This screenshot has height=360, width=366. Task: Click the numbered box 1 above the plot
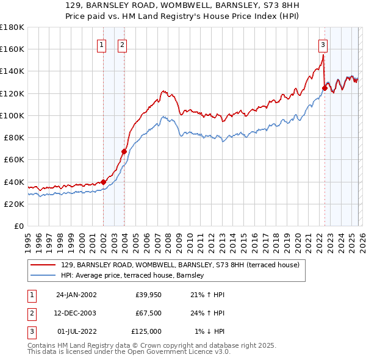(101, 44)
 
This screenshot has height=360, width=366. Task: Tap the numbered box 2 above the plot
(122, 44)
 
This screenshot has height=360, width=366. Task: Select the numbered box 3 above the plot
(322, 44)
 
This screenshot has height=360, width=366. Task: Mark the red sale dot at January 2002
(104, 182)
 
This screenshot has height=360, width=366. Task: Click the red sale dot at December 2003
(124, 151)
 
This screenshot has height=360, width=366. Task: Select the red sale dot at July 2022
(325, 88)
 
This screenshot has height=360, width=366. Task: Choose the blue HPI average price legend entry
(132, 276)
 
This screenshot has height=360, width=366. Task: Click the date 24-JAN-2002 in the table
(76, 295)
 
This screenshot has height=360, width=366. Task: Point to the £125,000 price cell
(146, 331)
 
